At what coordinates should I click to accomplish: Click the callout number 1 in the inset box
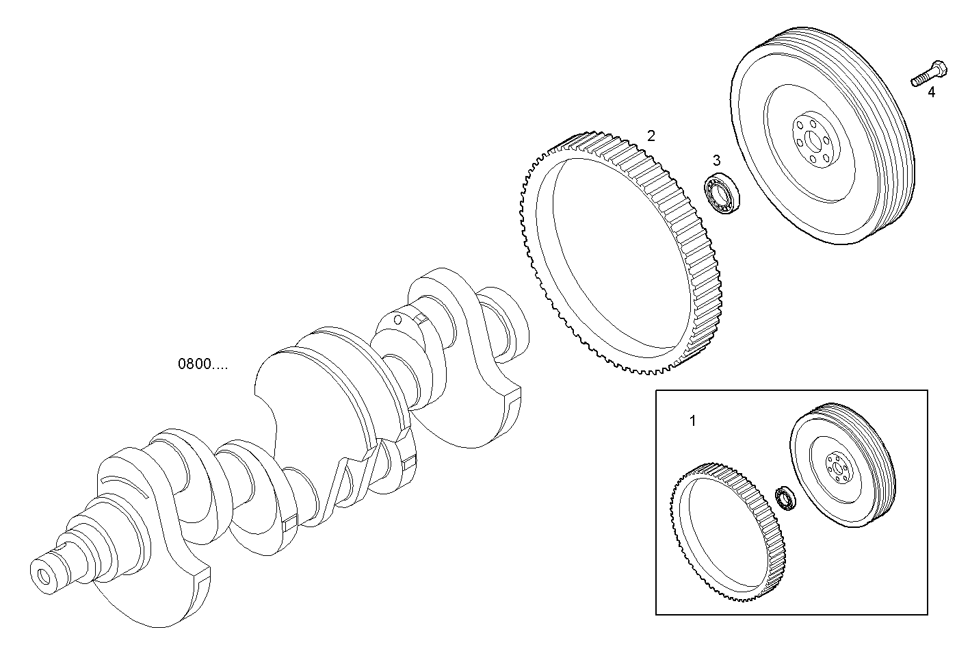pyautogui.click(x=692, y=421)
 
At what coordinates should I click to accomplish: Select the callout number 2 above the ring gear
pyautogui.click(x=651, y=136)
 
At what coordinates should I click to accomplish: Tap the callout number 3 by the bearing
pyautogui.click(x=716, y=160)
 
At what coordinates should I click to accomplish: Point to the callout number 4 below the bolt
pyautogui.click(x=931, y=92)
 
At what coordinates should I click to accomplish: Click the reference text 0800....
pyautogui.click(x=203, y=364)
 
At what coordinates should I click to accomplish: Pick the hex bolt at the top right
pyautogui.click(x=928, y=74)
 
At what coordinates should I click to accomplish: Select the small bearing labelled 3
pyautogui.click(x=721, y=194)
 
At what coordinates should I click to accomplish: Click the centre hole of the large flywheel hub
pyautogui.click(x=814, y=142)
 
